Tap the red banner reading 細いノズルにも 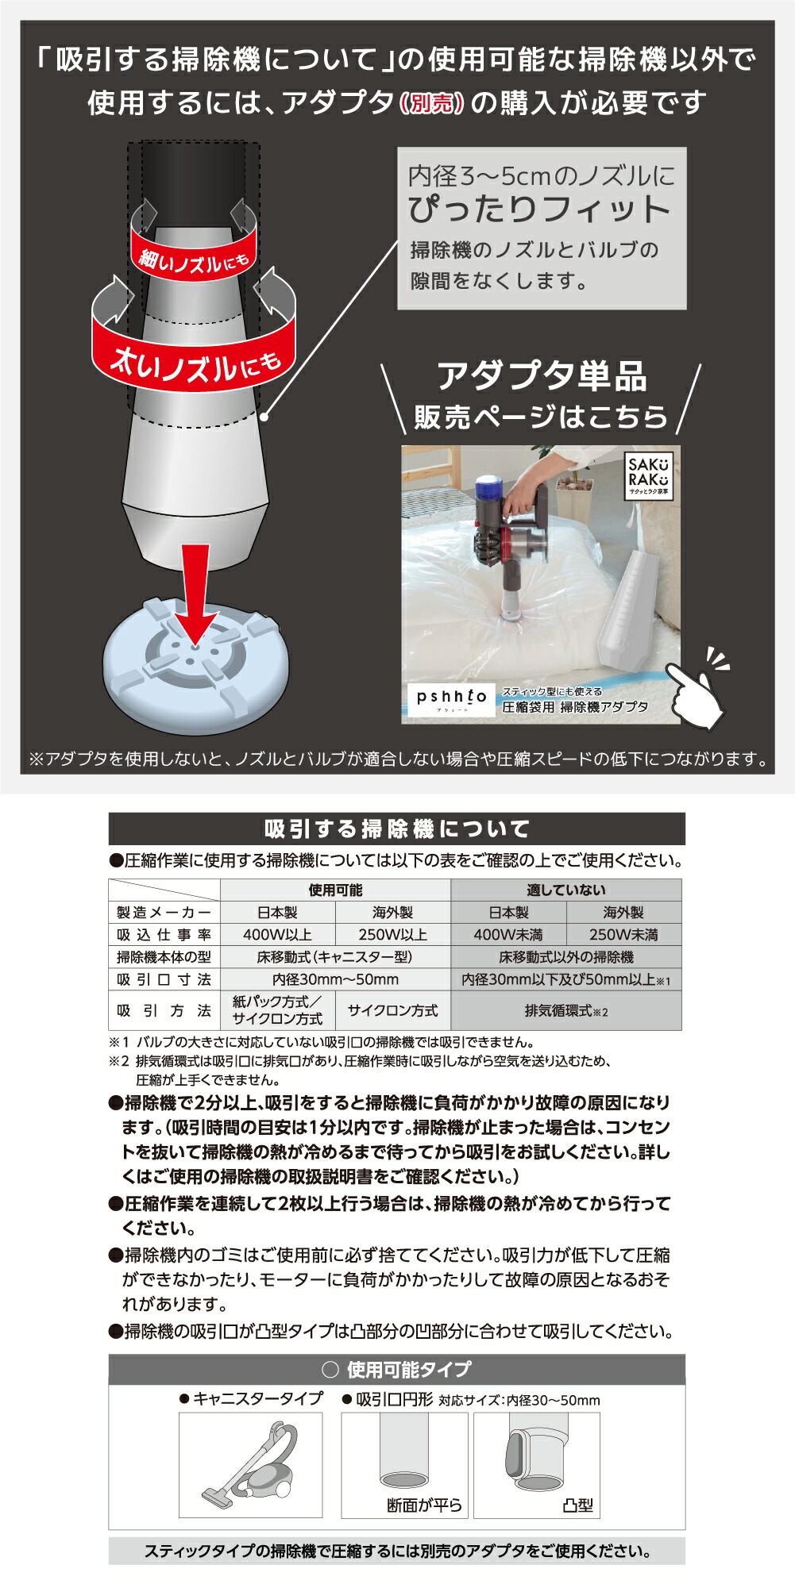(x=195, y=258)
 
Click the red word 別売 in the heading (x=432, y=103)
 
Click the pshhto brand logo (x=451, y=699)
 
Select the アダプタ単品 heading (x=542, y=375)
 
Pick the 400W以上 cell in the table (x=277, y=935)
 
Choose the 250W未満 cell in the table (x=623, y=935)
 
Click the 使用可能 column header (x=335, y=890)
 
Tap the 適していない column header (x=565, y=890)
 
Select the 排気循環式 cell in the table (x=565, y=1011)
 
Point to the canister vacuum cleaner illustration (x=251, y=1465)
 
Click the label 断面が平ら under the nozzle (x=424, y=1505)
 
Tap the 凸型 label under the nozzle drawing (x=577, y=1505)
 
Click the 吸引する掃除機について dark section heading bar (x=396, y=829)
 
